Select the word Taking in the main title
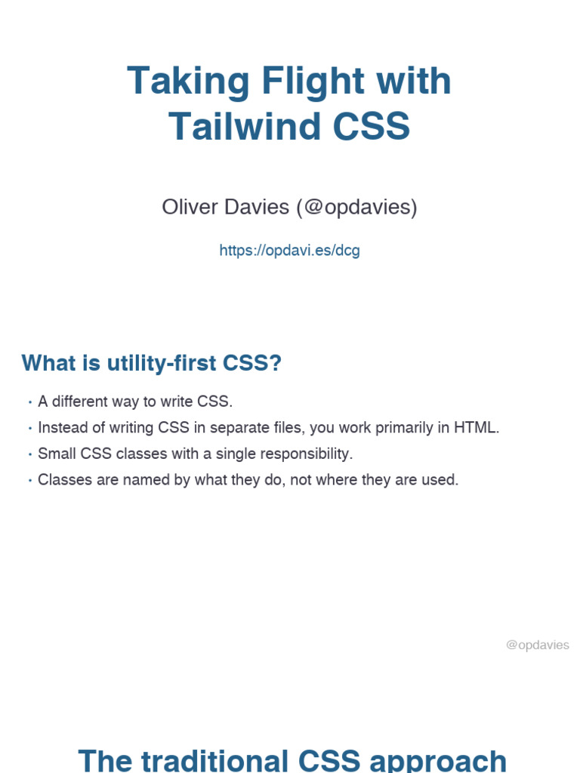click(x=177, y=81)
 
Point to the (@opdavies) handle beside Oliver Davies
click(x=357, y=207)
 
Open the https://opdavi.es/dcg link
click(x=289, y=250)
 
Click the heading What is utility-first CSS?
click(x=151, y=363)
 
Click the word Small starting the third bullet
click(x=54, y=454)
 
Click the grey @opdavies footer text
click(x=537, y=645)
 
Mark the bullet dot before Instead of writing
click(x=29, y=428)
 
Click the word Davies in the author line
click(x=257, y=207)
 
